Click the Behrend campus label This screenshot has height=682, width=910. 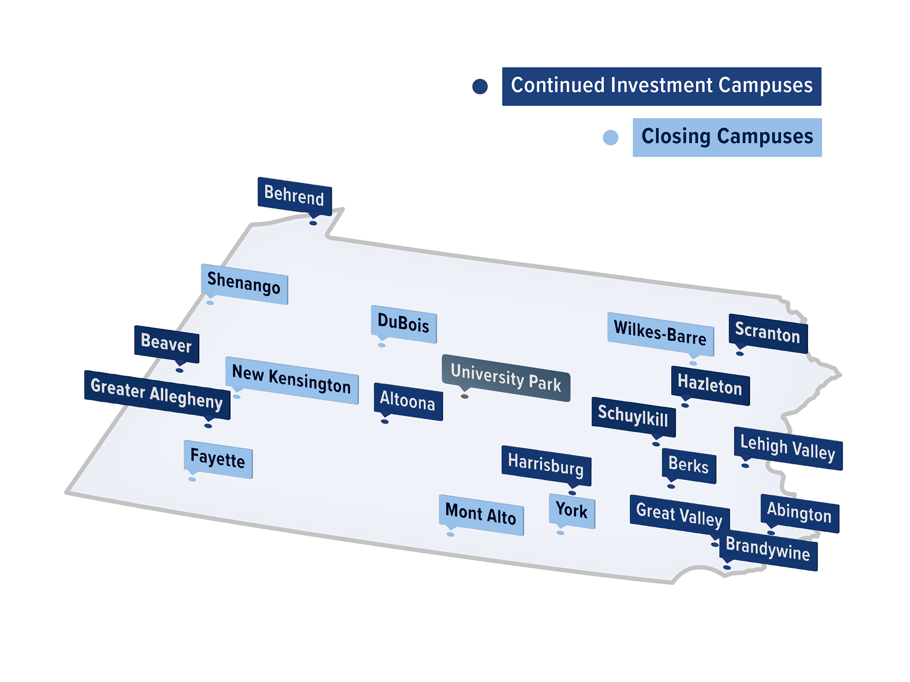click(x=294, y=195)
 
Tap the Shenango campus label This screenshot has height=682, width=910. click(x=244, y=284)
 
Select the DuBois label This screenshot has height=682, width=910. click(x=404, y=324)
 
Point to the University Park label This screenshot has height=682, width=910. click(x=506, y=377)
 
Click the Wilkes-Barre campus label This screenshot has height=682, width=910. click(x=660, y=333)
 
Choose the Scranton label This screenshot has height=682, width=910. click(x=768, y=333)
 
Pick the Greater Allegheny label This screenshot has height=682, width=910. click(x=157, y=394)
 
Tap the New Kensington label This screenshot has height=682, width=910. click(x=292, y=380)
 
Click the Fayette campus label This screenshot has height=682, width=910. click(x=218, y=459)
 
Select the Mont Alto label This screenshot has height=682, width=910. click(x=481, y=515)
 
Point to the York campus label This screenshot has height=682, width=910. click(x=572, y=511)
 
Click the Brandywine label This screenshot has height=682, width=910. click(x=768, y=550)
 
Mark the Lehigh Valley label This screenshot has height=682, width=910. click(x=788, y=448)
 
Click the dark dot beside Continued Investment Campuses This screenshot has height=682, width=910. click(x=480, y=86)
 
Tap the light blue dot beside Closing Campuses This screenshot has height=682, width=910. click(x=611, y=137)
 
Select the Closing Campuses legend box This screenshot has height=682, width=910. click(x=727, y=137)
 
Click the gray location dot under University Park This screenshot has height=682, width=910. click(x=465, y=396)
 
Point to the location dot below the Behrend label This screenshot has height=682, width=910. click(x=313, y=223)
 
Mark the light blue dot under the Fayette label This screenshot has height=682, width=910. click(x=192, y=479)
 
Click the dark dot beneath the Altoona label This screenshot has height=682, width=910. click(x=385, y=422)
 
